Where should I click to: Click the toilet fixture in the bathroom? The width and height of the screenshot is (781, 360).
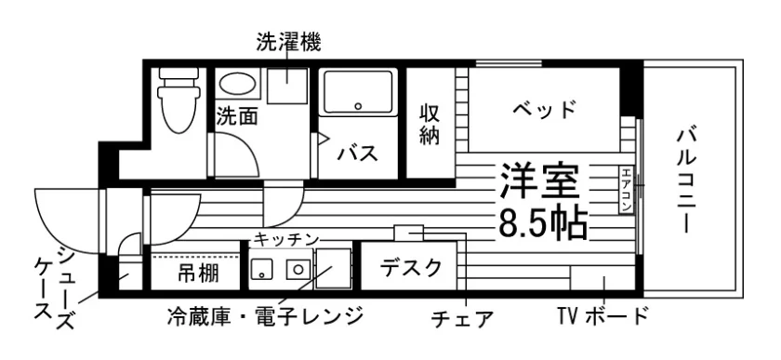coord(178,100)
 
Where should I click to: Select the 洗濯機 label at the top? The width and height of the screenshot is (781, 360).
coord(289,42)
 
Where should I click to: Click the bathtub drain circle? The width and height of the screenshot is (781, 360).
coord(358,106)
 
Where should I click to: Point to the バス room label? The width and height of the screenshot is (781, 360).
coord(358,153)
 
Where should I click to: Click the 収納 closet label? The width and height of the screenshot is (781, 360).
coord(430,124)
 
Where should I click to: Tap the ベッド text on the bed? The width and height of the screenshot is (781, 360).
coord(545,108)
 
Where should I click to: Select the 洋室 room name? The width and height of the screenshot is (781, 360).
coord(540,181)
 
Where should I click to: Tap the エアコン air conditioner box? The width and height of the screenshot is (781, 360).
coord(626,190)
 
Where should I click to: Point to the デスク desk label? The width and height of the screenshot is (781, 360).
coord(411,268)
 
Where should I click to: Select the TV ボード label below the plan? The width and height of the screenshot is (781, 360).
coord(602,315)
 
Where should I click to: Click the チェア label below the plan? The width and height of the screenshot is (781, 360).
coord(462,319)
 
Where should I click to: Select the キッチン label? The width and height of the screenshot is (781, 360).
coord(286,240)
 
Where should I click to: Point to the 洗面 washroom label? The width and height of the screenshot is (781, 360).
coord(238,116)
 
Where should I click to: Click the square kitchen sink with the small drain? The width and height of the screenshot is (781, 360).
coord(260,270)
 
